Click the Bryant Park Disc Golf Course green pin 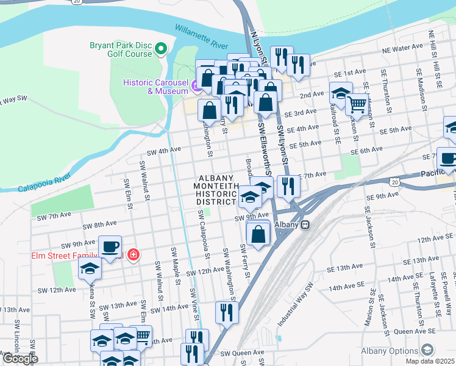coord(161,48)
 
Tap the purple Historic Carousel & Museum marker coord(196,86)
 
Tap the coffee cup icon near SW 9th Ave coord(110,247)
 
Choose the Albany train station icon coord(306,224)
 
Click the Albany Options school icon coord(427,350)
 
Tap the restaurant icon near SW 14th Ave coord(226,312)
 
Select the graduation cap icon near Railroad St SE coord(340,93)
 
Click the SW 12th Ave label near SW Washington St coord(205,271)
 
